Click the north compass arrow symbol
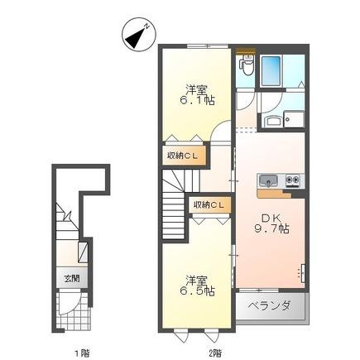137,36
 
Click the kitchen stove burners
292,180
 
